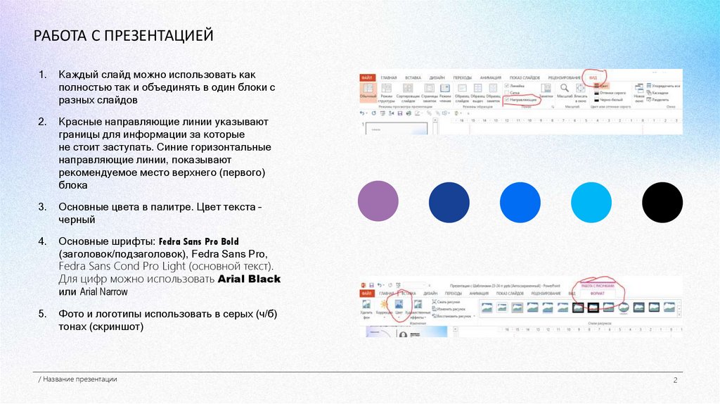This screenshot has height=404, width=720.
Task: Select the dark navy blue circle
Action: click(x=449, y=202)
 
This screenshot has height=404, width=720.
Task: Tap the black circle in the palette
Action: click(x=663, y=202)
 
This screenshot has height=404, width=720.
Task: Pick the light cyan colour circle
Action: click(x=591, y=202)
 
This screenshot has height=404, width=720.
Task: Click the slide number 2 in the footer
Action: click(x=674, y=381)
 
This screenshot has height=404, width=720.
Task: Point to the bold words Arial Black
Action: click(x=250, y=279)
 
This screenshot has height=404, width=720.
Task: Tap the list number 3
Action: click(x=42, y=207)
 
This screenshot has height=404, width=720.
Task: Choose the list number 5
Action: click(x=42, y=315)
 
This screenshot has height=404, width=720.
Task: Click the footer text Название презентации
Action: click(x=79, y=379)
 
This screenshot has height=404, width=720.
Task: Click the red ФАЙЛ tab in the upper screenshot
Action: click(x=367, y=77)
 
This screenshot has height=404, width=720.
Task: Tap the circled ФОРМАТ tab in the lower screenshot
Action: click(x=596, y=293)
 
